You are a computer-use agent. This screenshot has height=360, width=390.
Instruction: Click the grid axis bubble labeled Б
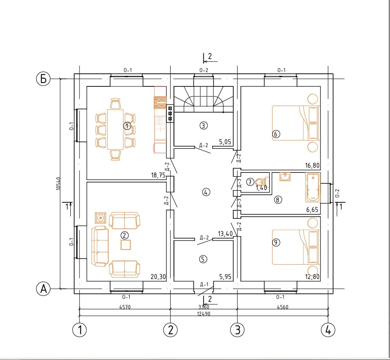pyautogui.click(x=43, y=79)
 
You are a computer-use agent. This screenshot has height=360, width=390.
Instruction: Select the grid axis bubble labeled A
pyautogui.click(x=43, y=289)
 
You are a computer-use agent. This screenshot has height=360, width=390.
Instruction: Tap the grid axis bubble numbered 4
pyautogui.click(x=328, y=330)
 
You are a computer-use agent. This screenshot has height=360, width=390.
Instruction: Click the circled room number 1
pyautogui.click(x=127, y=126)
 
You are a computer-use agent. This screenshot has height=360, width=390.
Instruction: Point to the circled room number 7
pyautogui.click(x=250, y=182)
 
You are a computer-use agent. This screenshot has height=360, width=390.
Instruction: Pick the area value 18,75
pyautogui.click(x=158, y=175)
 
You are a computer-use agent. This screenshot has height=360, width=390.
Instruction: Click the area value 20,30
pyautogui.click(x=158, y=277)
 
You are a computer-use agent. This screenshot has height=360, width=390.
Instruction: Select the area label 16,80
pyautogui.click(x=313, y=166)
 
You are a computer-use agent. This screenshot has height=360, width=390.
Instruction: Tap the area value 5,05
pyautogui.click(x=225, y=142)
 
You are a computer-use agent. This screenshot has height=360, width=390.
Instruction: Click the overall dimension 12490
pyautogui.click(x=204, y=314)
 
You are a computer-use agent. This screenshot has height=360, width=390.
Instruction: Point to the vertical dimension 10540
pyautogui.click(x=59, y=184)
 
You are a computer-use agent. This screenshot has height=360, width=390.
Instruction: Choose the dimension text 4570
pyautogui.click(x=125, y=307)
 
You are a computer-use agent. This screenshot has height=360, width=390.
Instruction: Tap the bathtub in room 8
pyautogui.click(x=313, y=188)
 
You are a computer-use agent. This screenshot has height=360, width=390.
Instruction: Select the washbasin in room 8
pyautogui.click(x=285, y=177)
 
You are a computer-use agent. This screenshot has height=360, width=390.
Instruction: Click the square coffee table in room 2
pyautogui.click(x=126, y=245)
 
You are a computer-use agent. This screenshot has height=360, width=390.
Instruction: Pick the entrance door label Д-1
pyautogui.click(x=204, y=284)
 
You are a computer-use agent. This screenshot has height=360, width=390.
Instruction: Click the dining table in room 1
pyautogui.click(x=115, y=129)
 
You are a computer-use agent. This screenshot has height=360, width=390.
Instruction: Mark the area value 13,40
pyautogui.click(x=225, y=234)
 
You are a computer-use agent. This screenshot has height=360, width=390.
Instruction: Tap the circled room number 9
pyautogui.click(x=276, y=242)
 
